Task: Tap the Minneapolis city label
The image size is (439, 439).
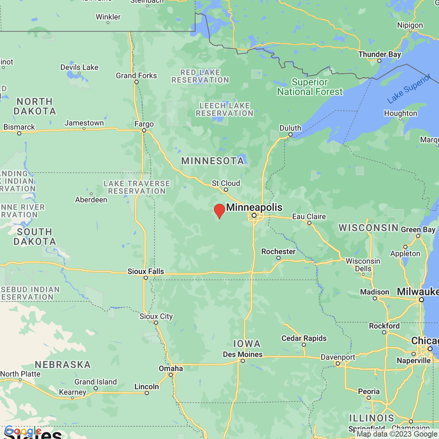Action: pos(254,207)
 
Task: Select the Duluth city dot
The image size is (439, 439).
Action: pos(290,135)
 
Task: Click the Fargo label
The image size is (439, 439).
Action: pos(144,124)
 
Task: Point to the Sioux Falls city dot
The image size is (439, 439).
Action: pos(146,278)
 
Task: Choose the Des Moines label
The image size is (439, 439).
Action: pos(243,354)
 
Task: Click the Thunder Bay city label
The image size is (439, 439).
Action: pos(380,55)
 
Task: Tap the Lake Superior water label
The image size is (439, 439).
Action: pos(409,89)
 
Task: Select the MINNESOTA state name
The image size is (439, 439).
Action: pos(213,161)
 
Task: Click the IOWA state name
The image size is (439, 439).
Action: pos(247,344)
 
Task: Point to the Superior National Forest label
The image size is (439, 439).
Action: pos(310,87)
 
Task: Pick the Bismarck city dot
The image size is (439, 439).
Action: pos(19,134)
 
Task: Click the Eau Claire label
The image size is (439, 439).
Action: pos(309,217)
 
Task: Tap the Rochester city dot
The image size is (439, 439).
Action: pos(278,258)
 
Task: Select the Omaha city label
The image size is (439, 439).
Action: pos(170,368)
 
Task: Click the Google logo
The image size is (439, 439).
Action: pos(23,431)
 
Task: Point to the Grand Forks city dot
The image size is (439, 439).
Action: pos(136,82)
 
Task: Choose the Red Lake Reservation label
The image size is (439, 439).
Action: pos(200,76)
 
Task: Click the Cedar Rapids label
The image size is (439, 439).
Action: pos(304,338)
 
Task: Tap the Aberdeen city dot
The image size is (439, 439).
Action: pos(91,194)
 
